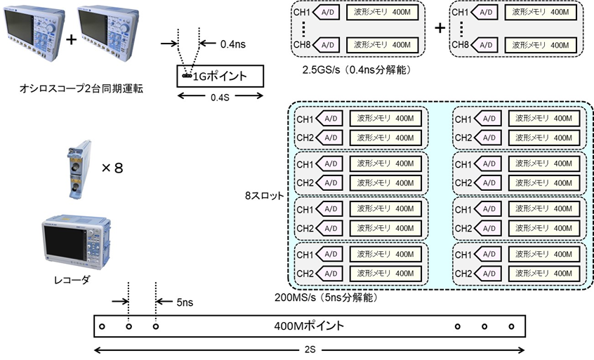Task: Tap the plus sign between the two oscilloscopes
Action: tap(71, 40)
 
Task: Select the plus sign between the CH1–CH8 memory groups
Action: tap(440, 28)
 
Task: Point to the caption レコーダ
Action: tap(71, 279)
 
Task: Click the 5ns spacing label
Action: tap(185, 303)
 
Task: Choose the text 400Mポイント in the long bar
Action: tap(310, 326)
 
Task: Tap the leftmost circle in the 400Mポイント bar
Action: tap(101, 326)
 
